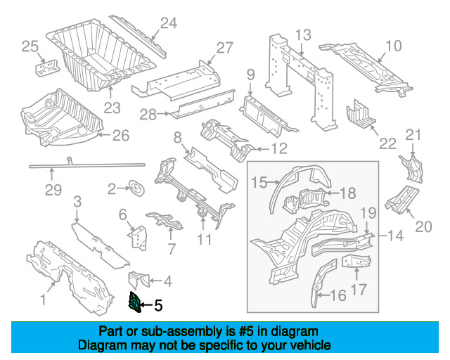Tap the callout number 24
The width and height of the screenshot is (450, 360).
pyautogui.click(x=169, y=23)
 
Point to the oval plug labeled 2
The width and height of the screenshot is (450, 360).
pyautogui.click(x=136, y=189)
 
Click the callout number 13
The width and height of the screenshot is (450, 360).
pyautogui.click(x=303, y=35)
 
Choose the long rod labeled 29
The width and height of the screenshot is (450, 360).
pyautogui.click(x=87, y=165)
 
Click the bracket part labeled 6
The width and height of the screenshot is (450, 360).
pyautogui.click(x=138, y=238)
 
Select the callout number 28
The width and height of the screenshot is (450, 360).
pyautogui.click(x=148, y=115)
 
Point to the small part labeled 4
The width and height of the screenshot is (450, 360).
pyautogui.click(x=139, y=279)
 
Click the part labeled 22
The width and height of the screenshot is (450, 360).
pyautogui.click(x=361, y=115)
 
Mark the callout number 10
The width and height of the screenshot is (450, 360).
pyautogui.click(x=394, y=46)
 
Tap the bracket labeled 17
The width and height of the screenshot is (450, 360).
pyautogui.click(x=356, y=261)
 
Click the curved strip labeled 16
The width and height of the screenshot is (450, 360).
pyautogui.click(x=323, y=282)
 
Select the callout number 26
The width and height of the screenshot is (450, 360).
pyautogui.click(x=121, y=136)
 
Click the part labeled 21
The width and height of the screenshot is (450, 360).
pyautogui.click(x=412, y=169)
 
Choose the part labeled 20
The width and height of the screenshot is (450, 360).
pyautogui.click(x=401, y=200)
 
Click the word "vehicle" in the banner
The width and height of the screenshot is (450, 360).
pyautogui.click(x=313, y=345)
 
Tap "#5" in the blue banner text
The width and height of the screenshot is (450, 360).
pyautogui.click(x=246, y=332)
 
